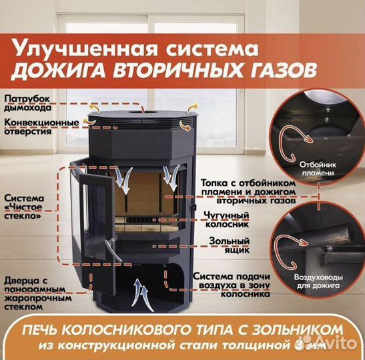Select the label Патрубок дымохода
[27, 103]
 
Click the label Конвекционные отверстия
[41, 127]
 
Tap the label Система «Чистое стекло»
[24, 207]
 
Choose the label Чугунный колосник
[227, 219]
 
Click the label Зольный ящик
[230, 245]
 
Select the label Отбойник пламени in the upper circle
[318, 169]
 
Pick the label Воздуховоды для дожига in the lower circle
[318, 281]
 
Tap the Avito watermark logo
[329, 342]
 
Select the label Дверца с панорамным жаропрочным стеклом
[38, 293]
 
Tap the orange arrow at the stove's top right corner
[193, 108]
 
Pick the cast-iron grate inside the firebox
[146, 220]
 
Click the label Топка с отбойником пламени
[248, 187]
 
